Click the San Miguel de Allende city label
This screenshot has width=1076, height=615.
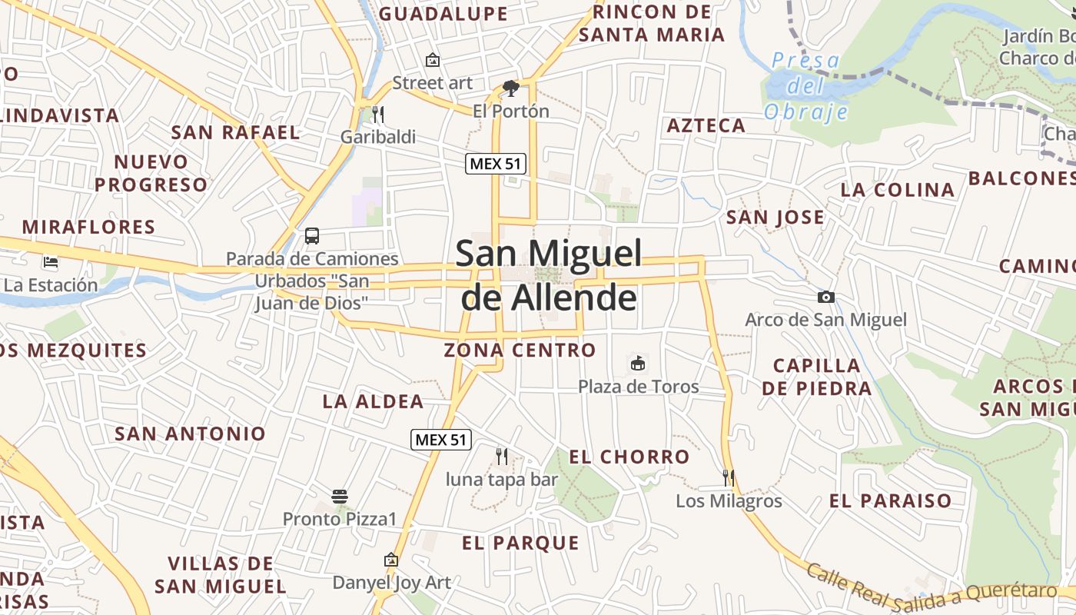click(549, 275)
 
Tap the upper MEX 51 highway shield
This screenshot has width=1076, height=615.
click(496, 164)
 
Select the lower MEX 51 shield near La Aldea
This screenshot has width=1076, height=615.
click(441, 440)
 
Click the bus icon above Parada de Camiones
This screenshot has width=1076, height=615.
click(311, 236)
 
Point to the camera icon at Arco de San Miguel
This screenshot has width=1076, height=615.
click(826, 297)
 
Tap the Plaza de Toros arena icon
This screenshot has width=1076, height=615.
click(637, 363)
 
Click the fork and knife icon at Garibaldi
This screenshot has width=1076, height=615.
click(377, 115)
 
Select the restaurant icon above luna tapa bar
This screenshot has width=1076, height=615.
click(502, 457)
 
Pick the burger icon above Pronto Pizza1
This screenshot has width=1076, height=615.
click(340, 497)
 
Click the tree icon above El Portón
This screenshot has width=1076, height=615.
click(510, 88)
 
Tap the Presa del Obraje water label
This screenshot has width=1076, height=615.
click(805, 86)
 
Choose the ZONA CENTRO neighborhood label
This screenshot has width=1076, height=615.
click(520, 351)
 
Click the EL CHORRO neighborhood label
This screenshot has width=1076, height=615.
click(629, 457)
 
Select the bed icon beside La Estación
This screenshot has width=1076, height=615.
click(51, 262)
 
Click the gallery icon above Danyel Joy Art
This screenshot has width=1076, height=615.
click(391, 560)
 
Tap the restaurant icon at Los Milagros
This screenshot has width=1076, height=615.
click(728, 478)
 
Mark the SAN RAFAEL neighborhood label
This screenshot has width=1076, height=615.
click(235, 132)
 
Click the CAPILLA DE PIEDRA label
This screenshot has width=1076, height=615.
click(817, 377)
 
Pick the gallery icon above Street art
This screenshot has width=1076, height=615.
click(433, 60)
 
